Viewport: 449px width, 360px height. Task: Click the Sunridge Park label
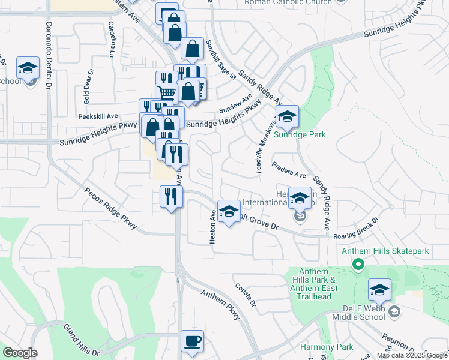pos(300,134)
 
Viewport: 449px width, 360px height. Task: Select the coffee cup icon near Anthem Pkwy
pos(192,342)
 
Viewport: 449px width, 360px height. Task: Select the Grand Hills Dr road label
pos(82,339)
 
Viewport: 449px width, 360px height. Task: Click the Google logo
pos(20,353)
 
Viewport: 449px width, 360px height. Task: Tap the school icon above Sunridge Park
pos(287,116)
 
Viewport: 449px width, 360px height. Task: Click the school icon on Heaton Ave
pos(228,211)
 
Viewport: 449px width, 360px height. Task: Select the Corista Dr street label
pos(246,295)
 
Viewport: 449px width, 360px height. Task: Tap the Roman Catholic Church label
pos(288,2)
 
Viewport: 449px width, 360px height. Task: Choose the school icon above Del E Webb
pos(379,290)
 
